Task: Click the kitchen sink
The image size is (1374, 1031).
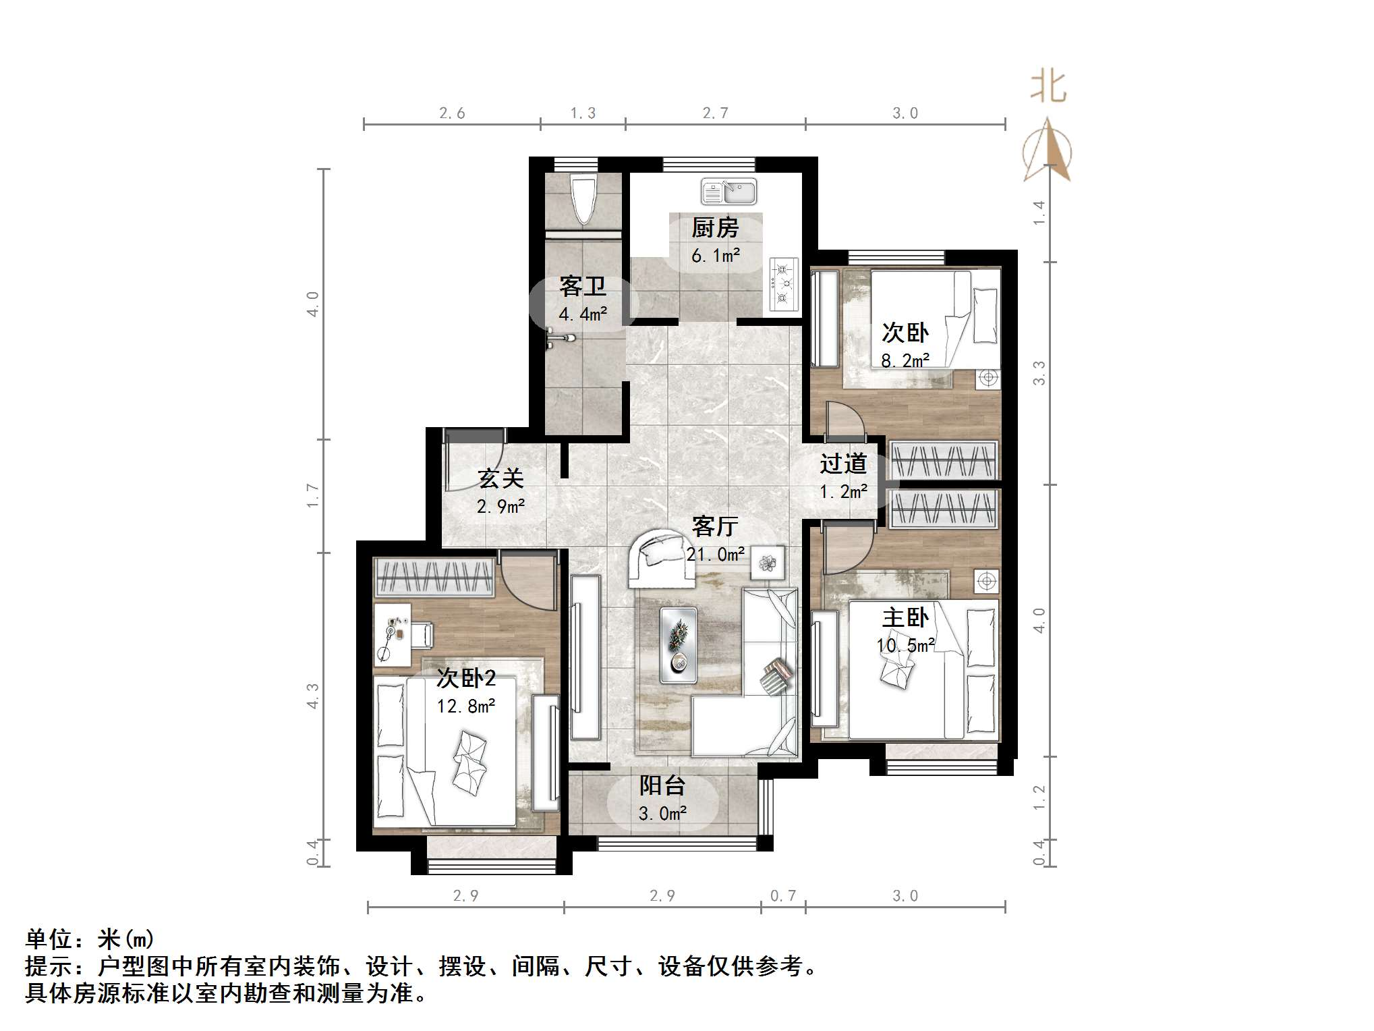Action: coord(728,192)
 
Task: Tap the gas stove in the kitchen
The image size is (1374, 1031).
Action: coord(783,283)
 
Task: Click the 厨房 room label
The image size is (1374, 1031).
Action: coord(715,228)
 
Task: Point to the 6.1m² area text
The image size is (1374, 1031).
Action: coord(715,256)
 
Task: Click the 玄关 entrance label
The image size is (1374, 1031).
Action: coord(500,478)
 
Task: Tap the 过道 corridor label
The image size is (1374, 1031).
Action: coord(843,464)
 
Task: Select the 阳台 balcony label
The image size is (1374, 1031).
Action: coord(662,785)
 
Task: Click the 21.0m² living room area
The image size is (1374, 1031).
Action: coord(716,555)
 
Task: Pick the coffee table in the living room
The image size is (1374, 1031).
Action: coord(679,645)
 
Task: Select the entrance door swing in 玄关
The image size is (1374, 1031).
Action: coord(472,462)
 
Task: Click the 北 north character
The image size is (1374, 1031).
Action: coord(1048,88)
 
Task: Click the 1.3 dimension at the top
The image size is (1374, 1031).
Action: coord(583,113)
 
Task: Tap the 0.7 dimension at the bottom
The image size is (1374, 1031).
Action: coord(783,895)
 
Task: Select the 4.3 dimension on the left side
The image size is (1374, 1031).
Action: coord(313,696)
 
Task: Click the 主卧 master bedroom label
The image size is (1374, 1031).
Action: coord(905,617)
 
